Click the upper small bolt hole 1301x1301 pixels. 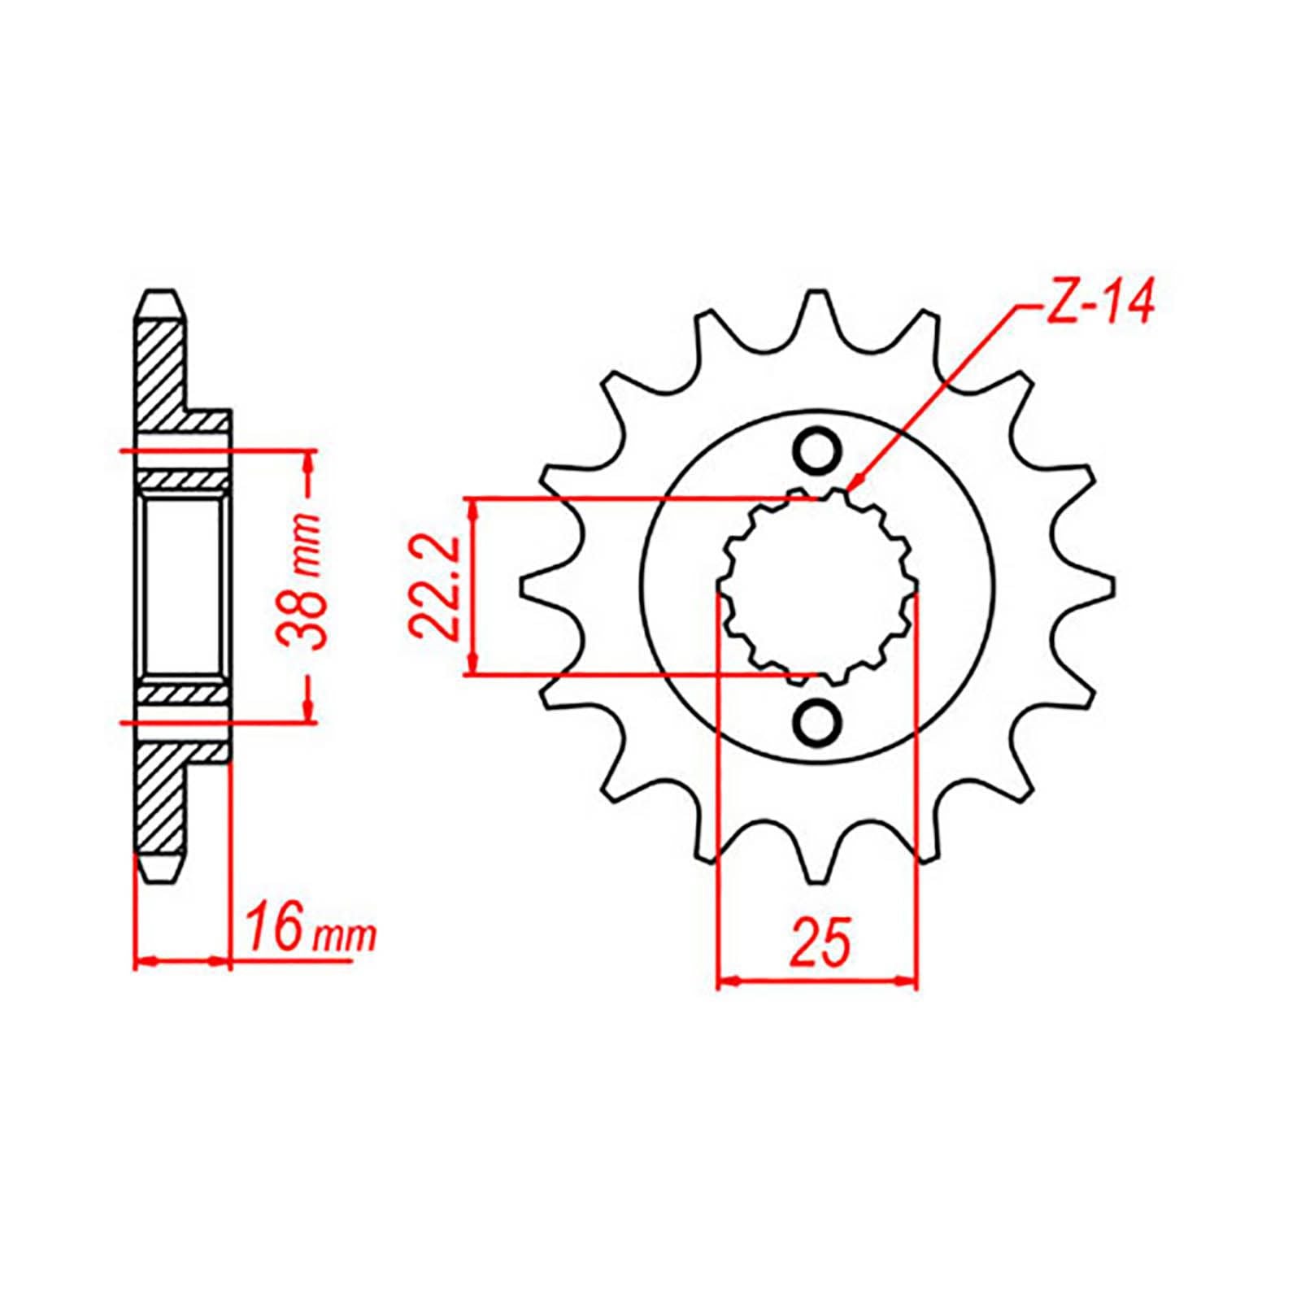coord(816,452)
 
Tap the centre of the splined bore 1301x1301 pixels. coord(817,586)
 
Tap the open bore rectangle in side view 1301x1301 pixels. coord(184,586)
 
